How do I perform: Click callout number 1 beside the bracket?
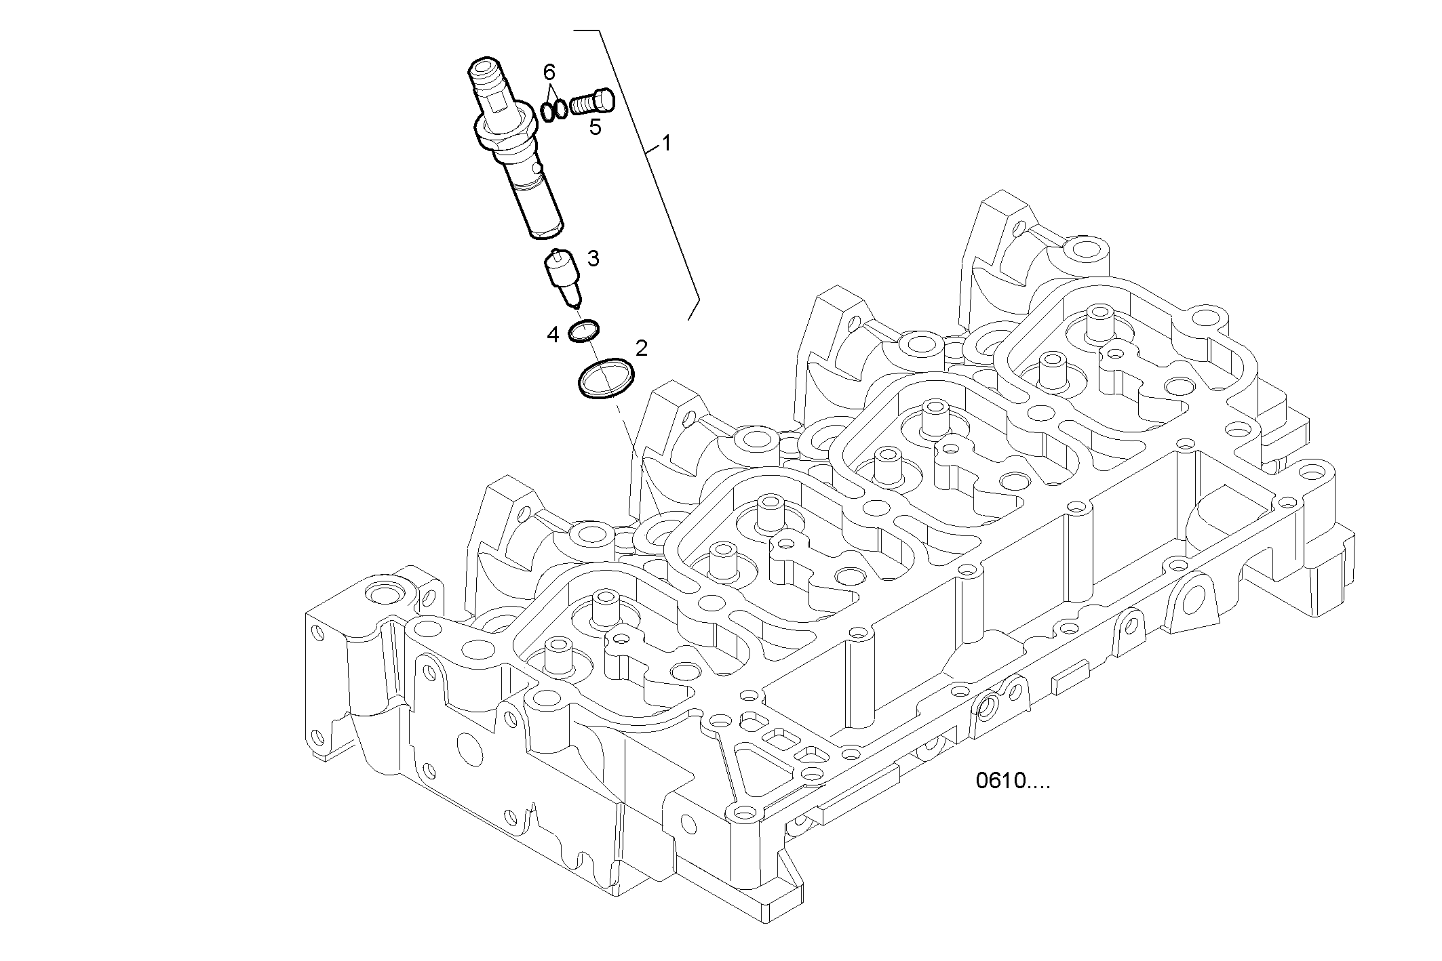[666, 143]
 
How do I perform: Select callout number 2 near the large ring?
[641, 348]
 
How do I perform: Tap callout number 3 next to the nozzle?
[593, 258]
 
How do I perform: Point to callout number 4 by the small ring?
[553, 334]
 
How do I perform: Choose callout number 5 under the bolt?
[595, 127]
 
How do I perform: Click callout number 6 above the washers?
[549, 72]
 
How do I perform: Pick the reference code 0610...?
[1012, 781]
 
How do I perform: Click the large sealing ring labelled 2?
[606, 378]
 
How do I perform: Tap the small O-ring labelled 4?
[583, 331]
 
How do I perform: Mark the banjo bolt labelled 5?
[593, 104]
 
